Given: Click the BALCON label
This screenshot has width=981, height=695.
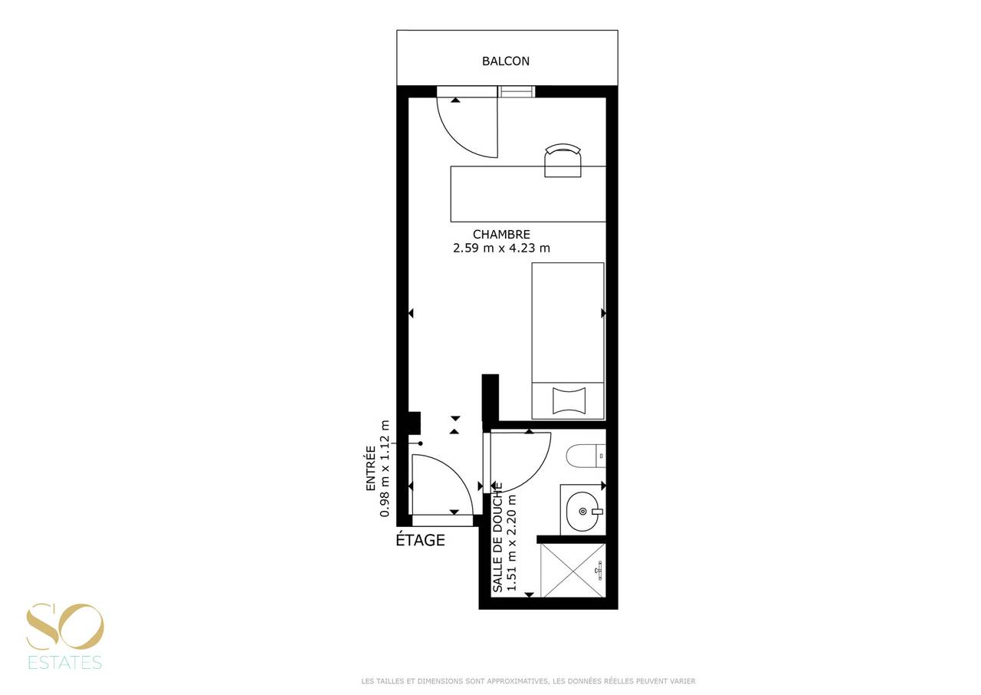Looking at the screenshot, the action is point(505,61).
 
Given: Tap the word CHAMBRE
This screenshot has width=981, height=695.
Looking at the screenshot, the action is point(501,235).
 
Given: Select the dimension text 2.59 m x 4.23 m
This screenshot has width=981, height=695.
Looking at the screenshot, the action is point(501,249).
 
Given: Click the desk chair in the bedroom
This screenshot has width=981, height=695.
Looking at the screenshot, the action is point(563,160).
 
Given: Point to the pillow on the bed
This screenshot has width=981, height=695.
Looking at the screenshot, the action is point(569,400).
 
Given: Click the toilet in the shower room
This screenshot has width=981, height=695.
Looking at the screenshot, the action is point(586,456).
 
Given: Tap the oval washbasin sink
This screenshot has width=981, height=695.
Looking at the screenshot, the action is point(582,512).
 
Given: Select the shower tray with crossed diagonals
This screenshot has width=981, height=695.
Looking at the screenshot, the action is point(573,570).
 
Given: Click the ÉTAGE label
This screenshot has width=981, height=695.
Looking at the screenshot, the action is point(421,540).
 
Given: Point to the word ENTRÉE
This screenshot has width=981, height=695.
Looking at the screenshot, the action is point(371,469).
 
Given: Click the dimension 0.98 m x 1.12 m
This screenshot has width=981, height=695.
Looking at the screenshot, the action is point(385,469).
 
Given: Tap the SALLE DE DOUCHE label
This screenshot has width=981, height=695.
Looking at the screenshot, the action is point(497,537).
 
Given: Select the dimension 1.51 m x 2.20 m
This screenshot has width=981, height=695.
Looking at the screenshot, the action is point(511,543).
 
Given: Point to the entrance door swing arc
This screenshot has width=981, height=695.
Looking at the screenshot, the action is point(456,471).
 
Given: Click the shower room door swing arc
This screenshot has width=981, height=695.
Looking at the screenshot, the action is point(534,472).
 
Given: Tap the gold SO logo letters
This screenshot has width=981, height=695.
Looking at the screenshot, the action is point(65,627).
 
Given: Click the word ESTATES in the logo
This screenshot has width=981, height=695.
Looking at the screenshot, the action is point(65,662).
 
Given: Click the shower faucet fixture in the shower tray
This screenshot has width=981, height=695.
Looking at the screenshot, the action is point(599,571).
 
